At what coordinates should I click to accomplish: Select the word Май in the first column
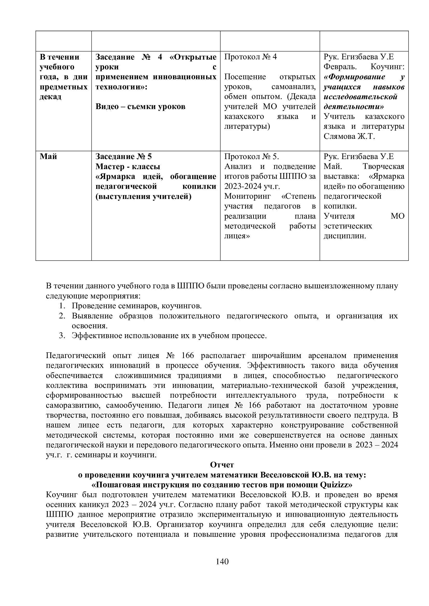point(48,156)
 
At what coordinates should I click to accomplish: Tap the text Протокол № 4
point(251,57)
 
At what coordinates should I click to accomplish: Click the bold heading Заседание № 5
point(124,156)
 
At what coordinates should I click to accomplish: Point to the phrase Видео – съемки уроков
point(140,106)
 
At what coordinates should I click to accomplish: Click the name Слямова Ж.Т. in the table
point(349,137)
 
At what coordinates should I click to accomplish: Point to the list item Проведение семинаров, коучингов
point(137,306)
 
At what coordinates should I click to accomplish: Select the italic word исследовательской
point(361,97)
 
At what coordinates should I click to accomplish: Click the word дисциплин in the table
point(344,236)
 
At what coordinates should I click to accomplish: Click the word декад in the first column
point(51,97)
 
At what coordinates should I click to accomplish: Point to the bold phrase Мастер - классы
point(128,167)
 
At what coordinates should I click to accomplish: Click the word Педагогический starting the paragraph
point(76,355)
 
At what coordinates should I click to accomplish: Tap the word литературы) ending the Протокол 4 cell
point(247,126)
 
